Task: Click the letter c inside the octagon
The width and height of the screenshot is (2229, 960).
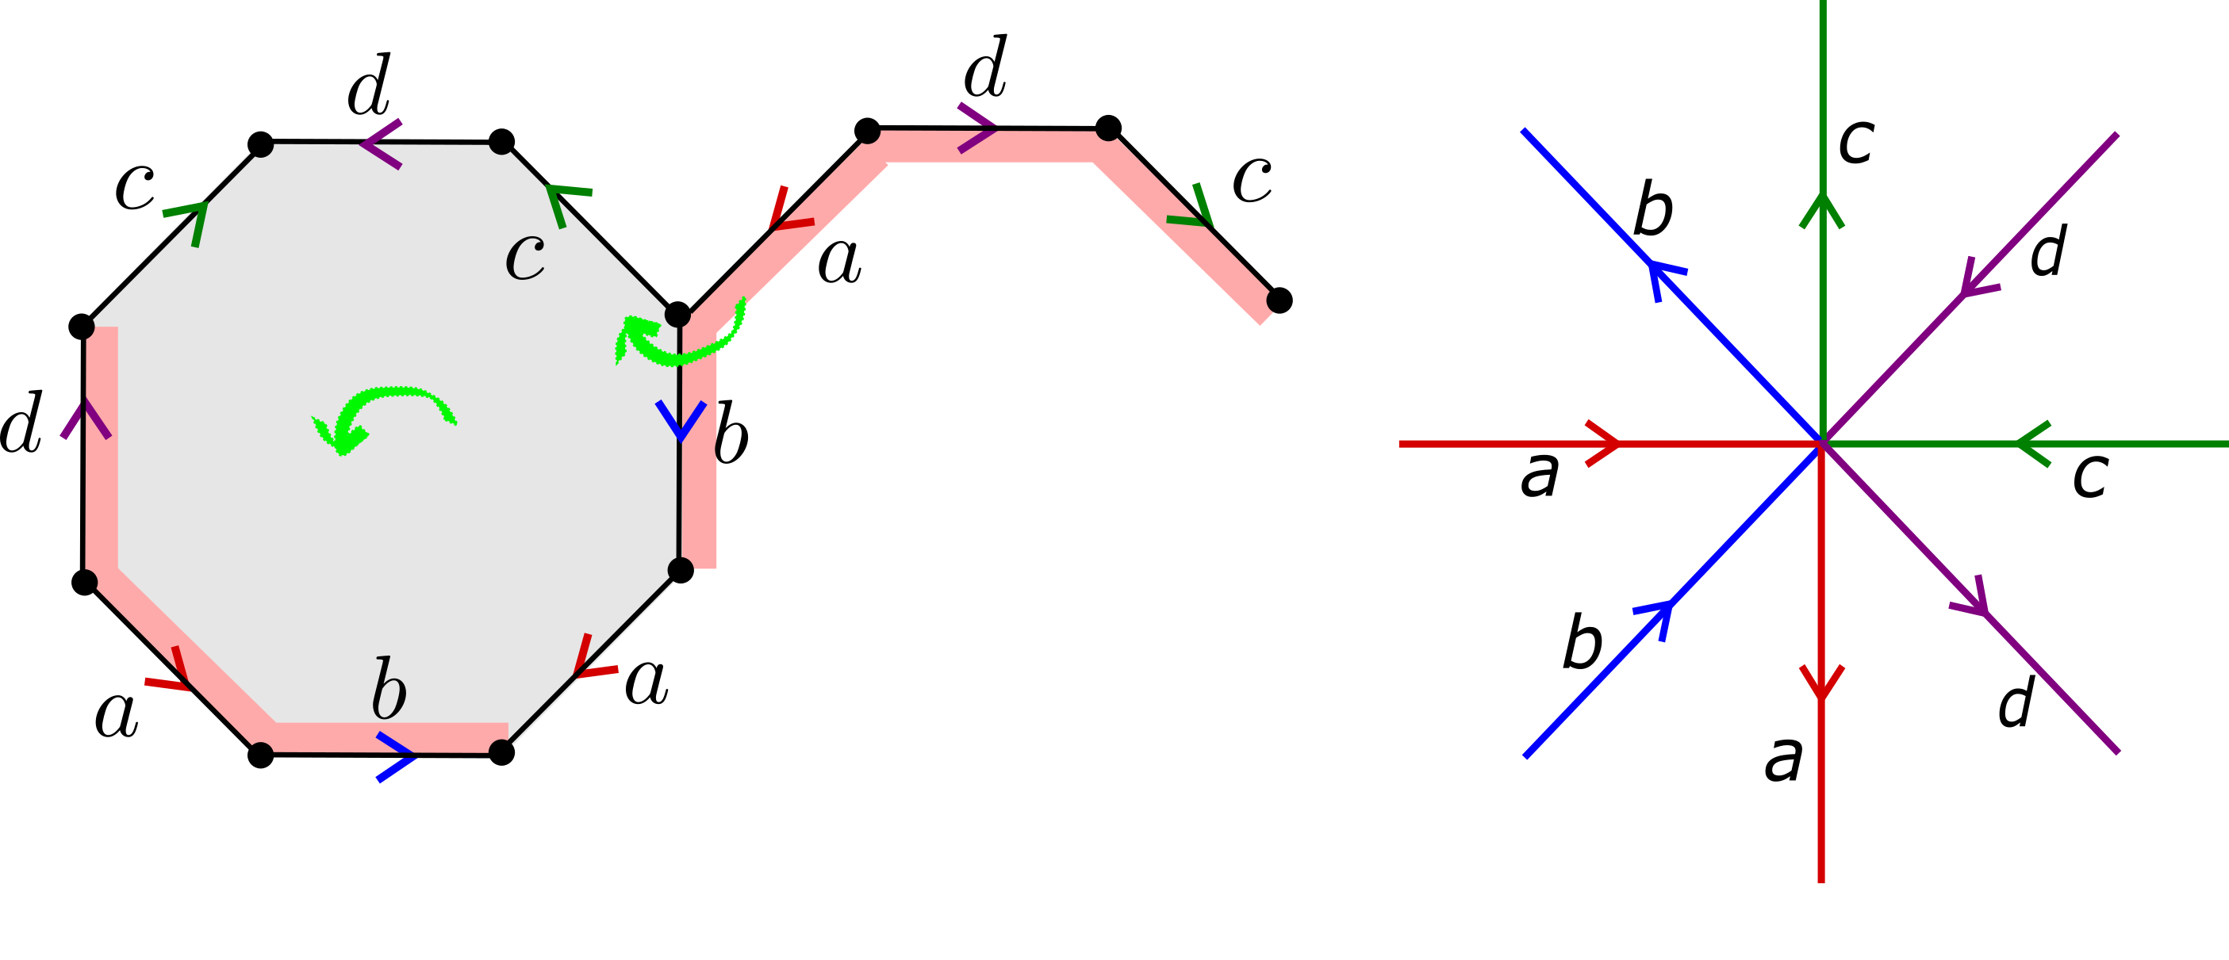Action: coord(525,257)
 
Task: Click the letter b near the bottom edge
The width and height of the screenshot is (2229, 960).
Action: coord(389,690)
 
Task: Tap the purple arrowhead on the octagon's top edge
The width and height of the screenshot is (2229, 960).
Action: coord(378,143)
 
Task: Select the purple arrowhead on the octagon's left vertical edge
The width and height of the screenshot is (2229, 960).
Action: coord(86,419)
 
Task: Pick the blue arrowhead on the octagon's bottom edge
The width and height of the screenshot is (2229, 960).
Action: coord(399,758)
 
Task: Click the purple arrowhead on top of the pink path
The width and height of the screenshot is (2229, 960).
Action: coord(980,128)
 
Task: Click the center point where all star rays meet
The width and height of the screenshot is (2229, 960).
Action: coord(1821,444)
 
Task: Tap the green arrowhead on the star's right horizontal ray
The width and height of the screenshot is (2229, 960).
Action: coord(2032,444)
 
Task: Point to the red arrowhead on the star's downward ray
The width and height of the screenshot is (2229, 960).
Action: coord(1822,683)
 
